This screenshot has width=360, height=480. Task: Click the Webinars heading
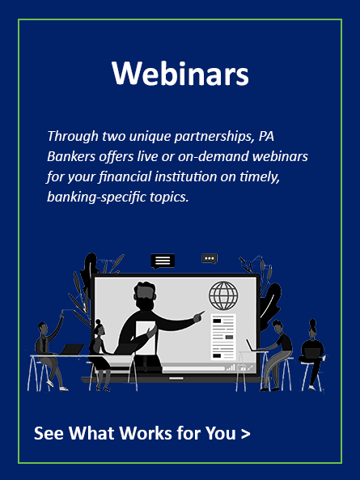[x=180, y=74]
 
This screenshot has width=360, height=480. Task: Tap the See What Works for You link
[x=142, y=433]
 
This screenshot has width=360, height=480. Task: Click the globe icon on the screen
[x=223, y=295]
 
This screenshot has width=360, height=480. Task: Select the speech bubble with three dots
[x=210, y=259]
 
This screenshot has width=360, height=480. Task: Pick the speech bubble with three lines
[x=163, y=261]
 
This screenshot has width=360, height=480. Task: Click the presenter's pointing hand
[x=199, y=316]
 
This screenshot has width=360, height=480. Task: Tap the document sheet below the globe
[x=223, y=337]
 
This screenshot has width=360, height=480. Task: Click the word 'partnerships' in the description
[x=214, y=136]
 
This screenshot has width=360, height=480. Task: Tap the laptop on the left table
[x=72, y=349]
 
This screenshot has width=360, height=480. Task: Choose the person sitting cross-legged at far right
[x=312, y=355]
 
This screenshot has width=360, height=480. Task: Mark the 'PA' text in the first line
[x=266, y=136]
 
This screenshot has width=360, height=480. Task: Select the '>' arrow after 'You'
[x=246, y=434]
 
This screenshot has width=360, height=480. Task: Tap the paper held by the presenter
[x=146, y=337]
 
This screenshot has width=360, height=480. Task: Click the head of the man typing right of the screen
[x=278, y=327]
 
